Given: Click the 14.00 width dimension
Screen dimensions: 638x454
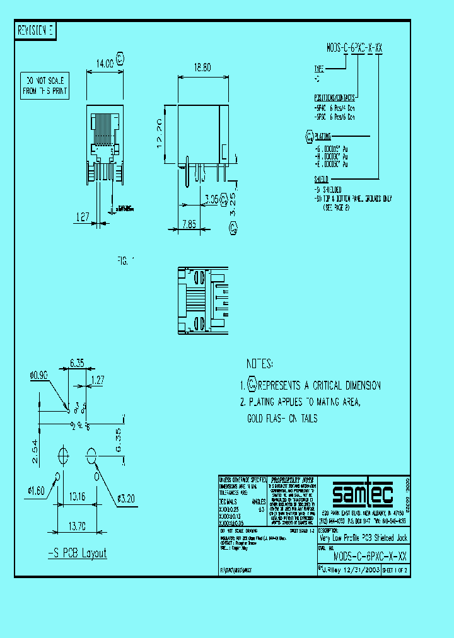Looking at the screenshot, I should click(105, 63).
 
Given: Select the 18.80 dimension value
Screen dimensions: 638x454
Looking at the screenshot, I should click(203, 66).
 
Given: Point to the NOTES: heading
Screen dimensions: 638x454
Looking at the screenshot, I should click(260, 364).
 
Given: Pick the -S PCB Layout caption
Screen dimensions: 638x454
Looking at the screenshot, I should click(78, 554).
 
